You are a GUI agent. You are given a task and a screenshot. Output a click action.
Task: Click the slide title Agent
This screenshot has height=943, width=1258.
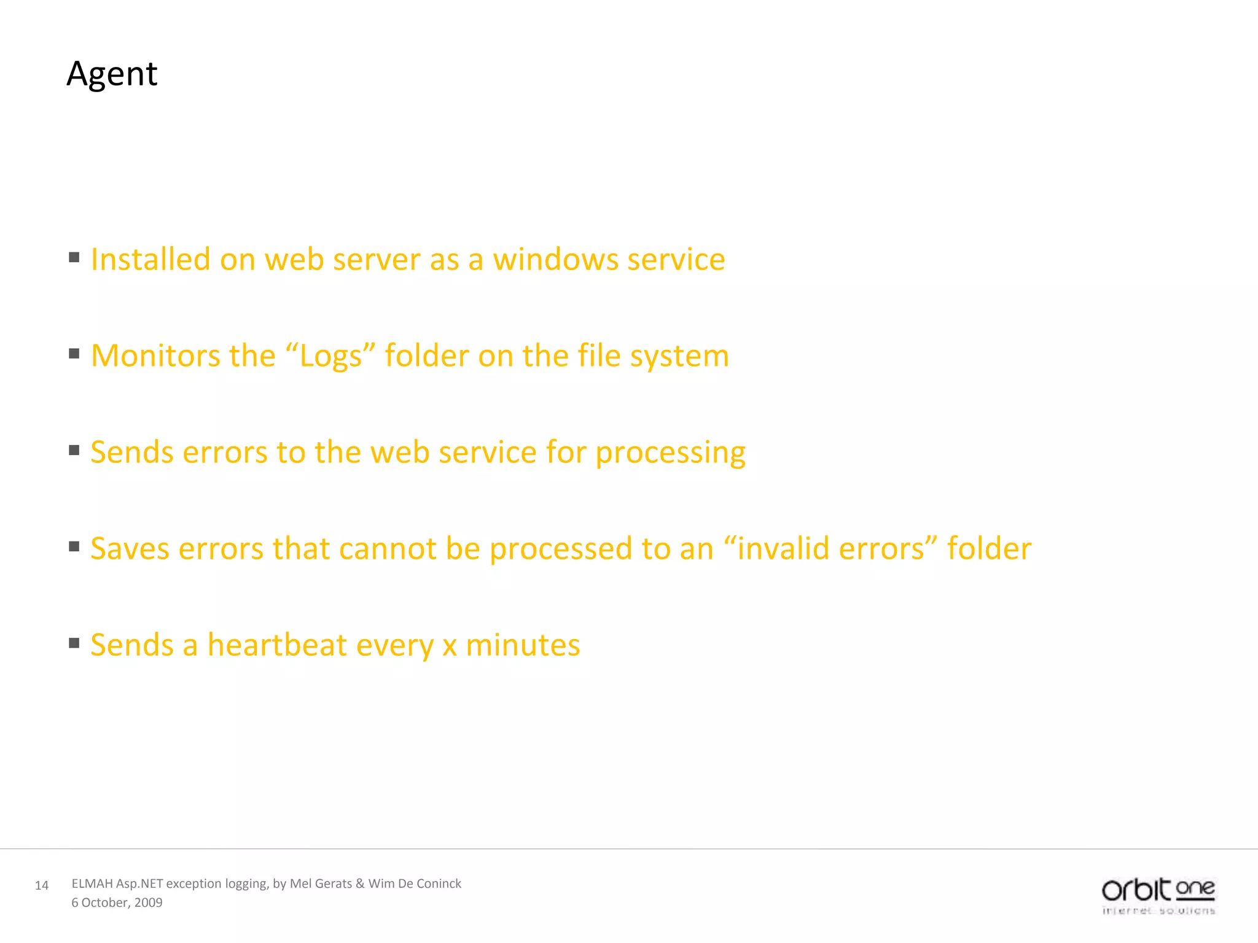point(112,74)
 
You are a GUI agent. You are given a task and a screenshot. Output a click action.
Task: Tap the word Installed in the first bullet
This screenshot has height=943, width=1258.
point(150,259)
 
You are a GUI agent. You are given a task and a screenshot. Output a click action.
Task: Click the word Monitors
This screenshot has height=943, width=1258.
point(155,355)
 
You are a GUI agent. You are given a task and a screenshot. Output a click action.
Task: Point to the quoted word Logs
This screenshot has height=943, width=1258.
point(331,357)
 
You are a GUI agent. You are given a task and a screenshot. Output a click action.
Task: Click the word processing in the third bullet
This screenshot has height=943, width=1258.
point(670,453)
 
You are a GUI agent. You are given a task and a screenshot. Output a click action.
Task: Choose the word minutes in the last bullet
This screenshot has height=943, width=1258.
point(523,645)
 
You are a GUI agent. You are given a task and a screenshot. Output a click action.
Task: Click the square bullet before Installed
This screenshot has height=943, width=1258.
point(74,257)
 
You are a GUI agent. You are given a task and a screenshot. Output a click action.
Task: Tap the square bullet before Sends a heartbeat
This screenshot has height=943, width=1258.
point(74,643)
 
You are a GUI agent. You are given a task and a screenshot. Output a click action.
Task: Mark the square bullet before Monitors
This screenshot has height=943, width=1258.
point(74,354)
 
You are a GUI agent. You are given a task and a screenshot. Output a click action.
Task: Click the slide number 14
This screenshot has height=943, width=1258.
point(42,885)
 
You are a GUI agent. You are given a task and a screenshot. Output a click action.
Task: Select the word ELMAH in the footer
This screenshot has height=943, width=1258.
point(92,883)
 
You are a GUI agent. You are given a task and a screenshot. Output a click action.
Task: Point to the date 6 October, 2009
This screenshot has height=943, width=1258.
point(117,902)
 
